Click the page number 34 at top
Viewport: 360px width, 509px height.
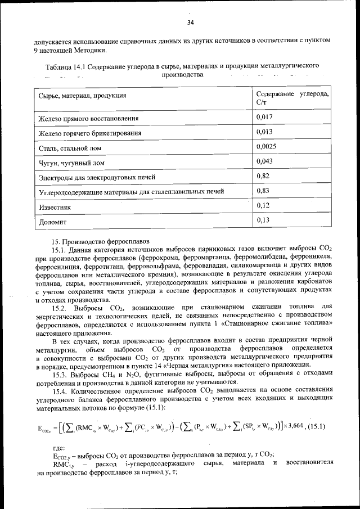190,22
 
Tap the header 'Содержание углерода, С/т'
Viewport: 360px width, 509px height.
292,97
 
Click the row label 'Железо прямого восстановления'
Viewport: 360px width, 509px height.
88,119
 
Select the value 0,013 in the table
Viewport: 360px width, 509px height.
264,132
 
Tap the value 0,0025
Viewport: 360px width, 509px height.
266,147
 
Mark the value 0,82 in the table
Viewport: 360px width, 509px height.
262,176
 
